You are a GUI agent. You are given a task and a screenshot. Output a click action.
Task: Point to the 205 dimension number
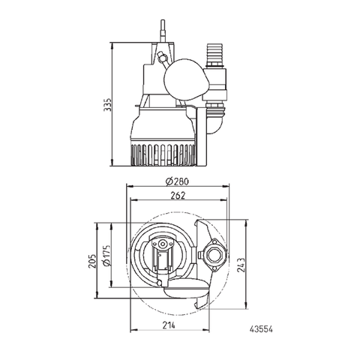(x=91, y=256)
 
